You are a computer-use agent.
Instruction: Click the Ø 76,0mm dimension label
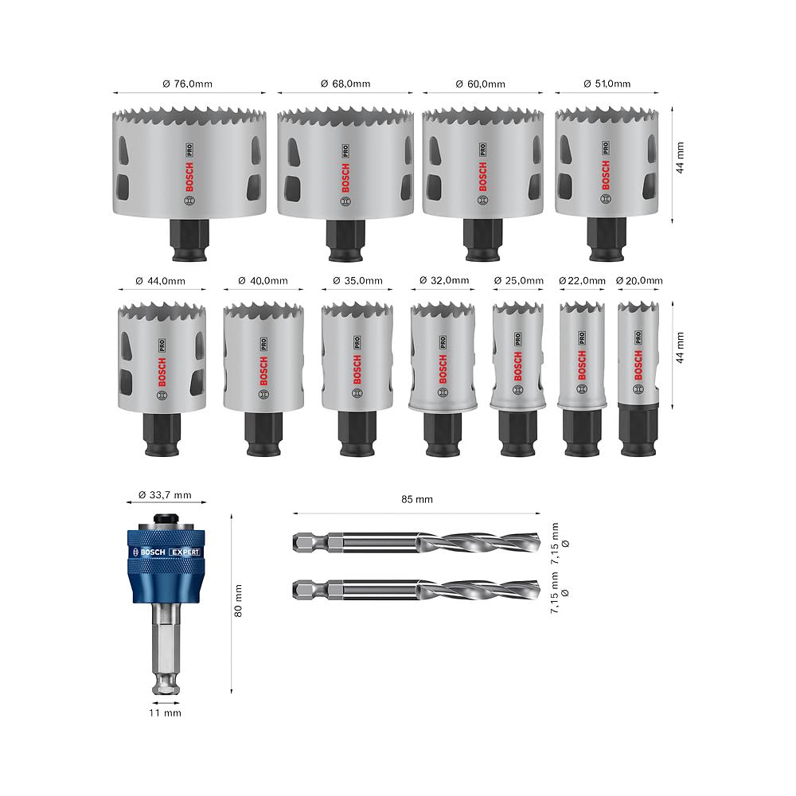(x=189, y=84)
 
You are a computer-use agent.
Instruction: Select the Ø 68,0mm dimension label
(x=345, y=84)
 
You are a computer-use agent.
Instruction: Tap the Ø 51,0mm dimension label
(x=607, y=84)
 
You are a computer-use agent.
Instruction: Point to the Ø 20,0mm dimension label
(x=639, y=280)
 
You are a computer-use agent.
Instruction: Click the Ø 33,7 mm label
(x=165, y=494)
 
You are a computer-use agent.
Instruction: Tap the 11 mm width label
(x=165, y=712)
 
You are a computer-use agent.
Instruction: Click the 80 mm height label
(x=238, y=600)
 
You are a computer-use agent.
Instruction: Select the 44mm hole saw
(x=162, y=358)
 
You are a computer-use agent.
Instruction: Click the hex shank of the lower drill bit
(x=318, y=591)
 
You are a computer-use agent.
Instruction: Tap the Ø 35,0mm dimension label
(x=357, y=280)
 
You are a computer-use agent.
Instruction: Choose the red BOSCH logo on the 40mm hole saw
(x=263, y=370)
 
